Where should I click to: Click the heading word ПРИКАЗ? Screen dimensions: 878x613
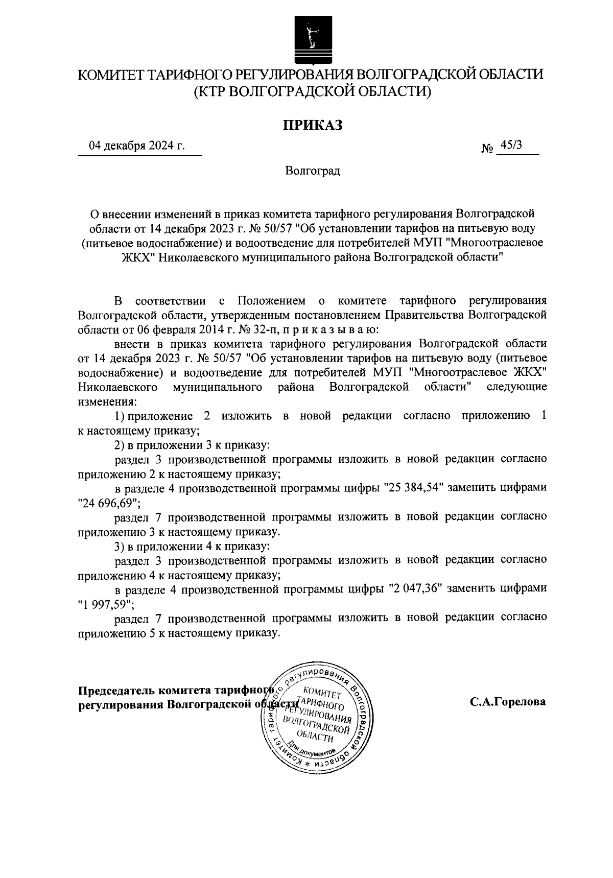313,125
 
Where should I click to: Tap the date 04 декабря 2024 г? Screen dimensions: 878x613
137,147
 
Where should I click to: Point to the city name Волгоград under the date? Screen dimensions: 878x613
313,171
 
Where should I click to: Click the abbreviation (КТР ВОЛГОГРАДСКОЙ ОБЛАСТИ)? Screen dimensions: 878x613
312,92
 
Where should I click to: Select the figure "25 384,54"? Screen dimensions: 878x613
415,487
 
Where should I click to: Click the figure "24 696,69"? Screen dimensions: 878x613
109,503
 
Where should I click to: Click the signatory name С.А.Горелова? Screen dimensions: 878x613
508,702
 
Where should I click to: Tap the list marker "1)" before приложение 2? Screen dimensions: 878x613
120,415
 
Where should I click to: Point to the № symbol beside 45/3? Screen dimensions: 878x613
487,149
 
